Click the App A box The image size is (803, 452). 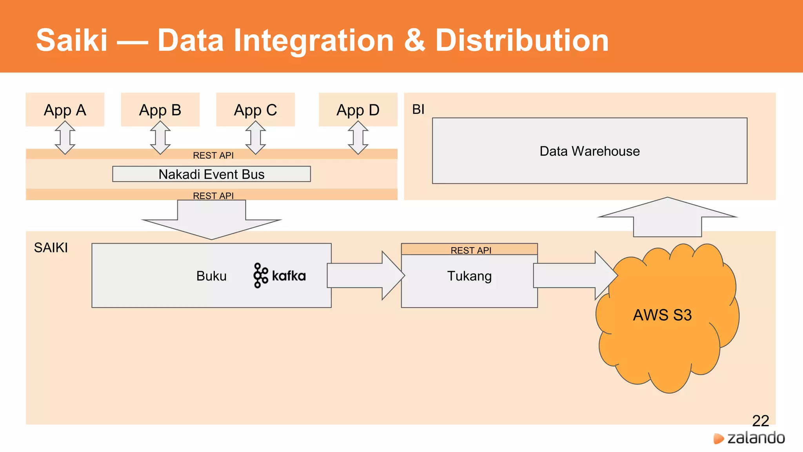pyautogui.click(x=65, y=109)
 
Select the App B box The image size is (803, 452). pyautogui.click(x=160, y=109)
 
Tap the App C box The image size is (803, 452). pyautogui.click(x=255, y=109)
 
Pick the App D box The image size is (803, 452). pyautogui.click(x=358, y=109)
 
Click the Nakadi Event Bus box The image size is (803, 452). pyautogui.click(x=211, y=174)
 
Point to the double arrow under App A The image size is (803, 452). pyautogui.click(x=65, y=137)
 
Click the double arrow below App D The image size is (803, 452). pyautogui.click(x=358, y=137)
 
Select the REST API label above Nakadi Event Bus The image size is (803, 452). pyautogui.click(x=213, y=155)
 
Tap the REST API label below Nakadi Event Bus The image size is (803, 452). pyautogui.click(x=213, y=195)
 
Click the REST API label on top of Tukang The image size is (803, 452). pyautogui.click(x=471, y=250)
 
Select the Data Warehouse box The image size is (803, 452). pyautogui.click(x=589, y=151)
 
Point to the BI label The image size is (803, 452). pyautogui.click(x=418, y=109)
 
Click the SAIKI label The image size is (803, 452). pyautogui.click(x=51, y=248)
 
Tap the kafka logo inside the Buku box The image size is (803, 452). pyautogui.click(x=280, y=275)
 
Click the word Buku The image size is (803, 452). pyautogui.click(x=211, y=276)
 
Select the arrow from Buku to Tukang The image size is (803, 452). pyautogui.click(x=365, y=275)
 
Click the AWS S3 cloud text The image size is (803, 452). pyautogui.click(x=662, y=315)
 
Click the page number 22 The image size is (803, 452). pyautogui.click(x=760, y=421)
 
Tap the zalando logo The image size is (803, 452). pyautogui.click(x=749, y=438)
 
